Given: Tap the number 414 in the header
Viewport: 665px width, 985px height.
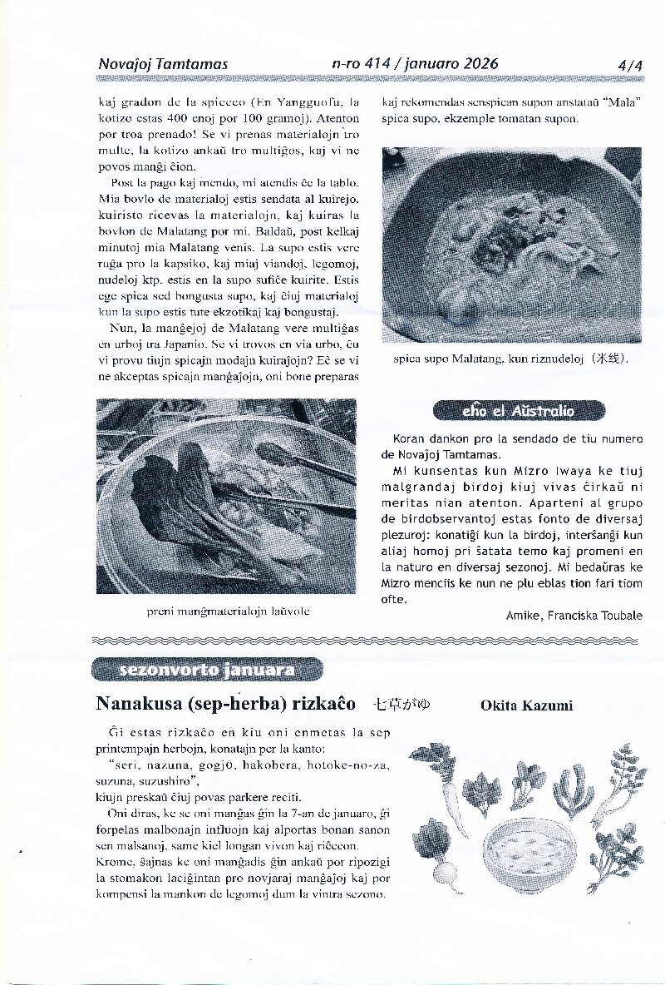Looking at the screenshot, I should pyautogui.click(x=379, y=64).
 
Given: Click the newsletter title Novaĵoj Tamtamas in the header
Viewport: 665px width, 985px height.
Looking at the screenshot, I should pyautogui.click(x=163, y=64).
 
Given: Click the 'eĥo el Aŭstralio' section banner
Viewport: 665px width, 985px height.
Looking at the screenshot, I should pyautogui.click(x=519, y=411).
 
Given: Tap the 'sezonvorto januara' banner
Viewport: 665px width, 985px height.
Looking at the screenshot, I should pyautogui.click(x=206, y=670).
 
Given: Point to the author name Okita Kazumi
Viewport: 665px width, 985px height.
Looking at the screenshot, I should pyautogui.click(x=526, y=706).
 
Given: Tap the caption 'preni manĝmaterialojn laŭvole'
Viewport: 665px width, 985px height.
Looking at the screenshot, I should pyautogui.click(x=228, y=611).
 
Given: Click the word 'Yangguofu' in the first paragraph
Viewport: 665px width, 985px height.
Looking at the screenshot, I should pyautogui.click(x=308, y=103).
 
